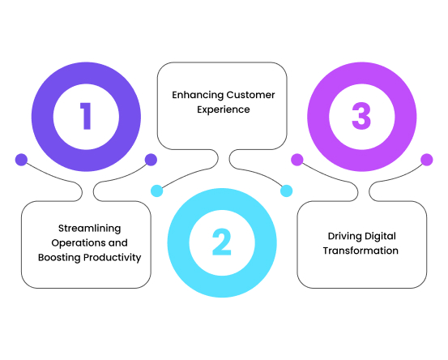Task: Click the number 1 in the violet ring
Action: [x=86, y=116]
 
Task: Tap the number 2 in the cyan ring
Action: [x=222, y=242]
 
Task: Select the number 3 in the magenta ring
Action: [x=361, y=116]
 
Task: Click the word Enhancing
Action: [x=198, y=95]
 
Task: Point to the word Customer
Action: [x=250, y=95]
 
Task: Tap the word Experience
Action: [x=224, y=109]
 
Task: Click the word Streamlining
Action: [x=89, y=229]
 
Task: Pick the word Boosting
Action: [x=59, y=258]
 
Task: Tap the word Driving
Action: [x=344, y=237]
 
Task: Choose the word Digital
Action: [x=380, y=237]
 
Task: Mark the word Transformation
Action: [x=361, y=251]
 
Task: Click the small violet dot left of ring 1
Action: [x=21, y=160]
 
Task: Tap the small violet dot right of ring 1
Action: [x=151, y=160]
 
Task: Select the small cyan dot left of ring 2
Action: [x=157, y=191]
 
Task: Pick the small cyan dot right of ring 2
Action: [x=286, y=191]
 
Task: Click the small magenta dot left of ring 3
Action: [x=297, y=160]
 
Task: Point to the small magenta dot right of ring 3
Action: [x=427, y=160]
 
